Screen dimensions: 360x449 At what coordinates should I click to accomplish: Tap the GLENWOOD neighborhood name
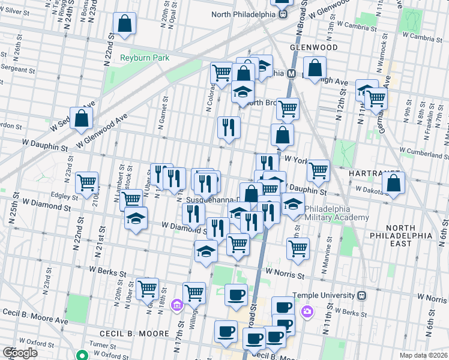click(x=313, y=47)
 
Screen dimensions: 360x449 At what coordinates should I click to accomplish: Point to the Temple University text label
click(x=324, y=295)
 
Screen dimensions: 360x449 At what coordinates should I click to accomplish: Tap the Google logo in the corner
click(x=20, y=353)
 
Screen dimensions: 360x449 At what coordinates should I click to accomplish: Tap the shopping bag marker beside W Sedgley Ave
click(x=82, y=117)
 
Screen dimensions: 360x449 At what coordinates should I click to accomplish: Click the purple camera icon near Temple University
click(x=308, y=311)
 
